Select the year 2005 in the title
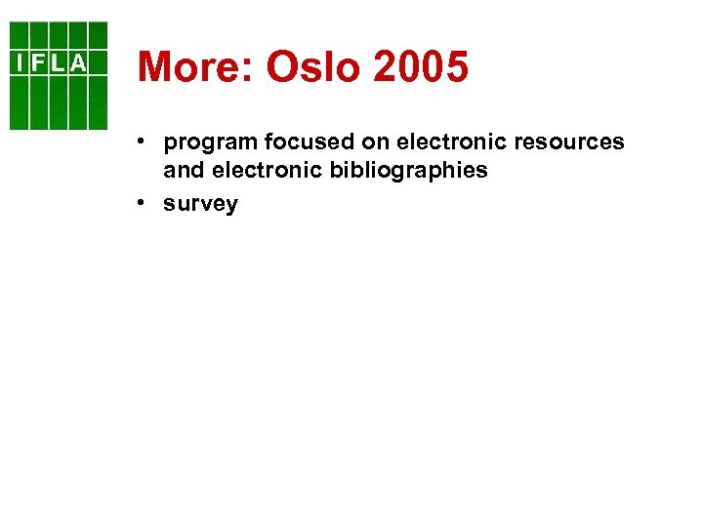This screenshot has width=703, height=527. pyautogui.click(x=422, y=67)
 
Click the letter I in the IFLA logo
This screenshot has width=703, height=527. pyautogui.click(x=20, y=63)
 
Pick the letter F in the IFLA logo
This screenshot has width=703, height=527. pyautogui.click(x=38, y=63)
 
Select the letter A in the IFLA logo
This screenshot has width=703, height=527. pyautogui.click(x=77, y=63)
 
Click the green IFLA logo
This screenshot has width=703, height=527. pyautogui.click(x=59, y=76)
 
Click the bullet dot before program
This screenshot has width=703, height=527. pyautogui.click(x=143, y=142)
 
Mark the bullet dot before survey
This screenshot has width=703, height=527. pyautogui.click(x=143, y=203)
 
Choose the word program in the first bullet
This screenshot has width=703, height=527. pyautogui.click(x=210, y=143)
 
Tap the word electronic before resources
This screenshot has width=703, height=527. pyautogui.click(x=452, y=142)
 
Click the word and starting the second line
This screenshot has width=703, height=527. pyautogui.click(x=183, y=170)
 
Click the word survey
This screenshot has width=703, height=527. pyautogui.click(x=201, y=204)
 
